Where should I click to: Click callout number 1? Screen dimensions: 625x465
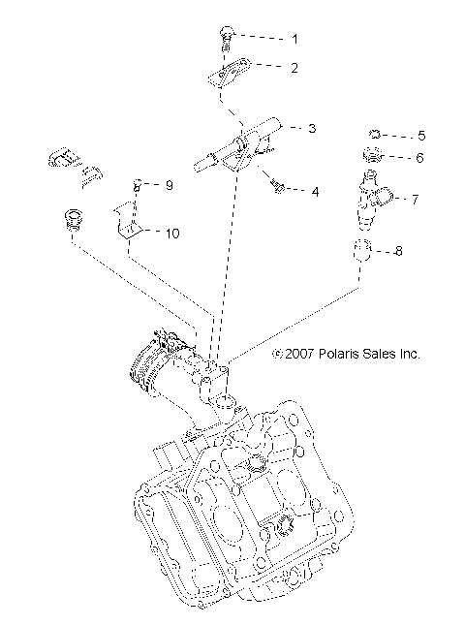click(x=295, y=40)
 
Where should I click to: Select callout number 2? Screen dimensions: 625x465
click(x=295, y=68)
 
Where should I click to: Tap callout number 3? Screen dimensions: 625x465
click(x=311, y=127)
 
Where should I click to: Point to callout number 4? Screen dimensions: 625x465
click(x=314, y=191)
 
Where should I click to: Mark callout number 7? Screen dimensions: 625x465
click(x=414, y=200)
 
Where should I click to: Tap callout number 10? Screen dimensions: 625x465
click(x=172, y=233)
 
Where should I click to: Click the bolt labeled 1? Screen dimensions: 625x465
click(x=226, y=37)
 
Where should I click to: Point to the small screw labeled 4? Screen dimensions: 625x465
click(x=278, y=185)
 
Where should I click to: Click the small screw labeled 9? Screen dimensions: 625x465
click(x=138, y=182)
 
